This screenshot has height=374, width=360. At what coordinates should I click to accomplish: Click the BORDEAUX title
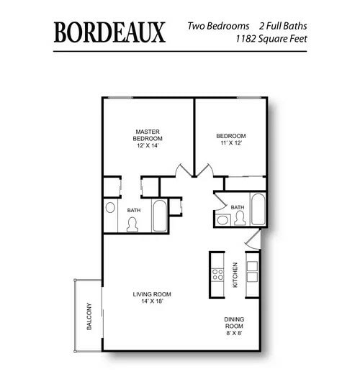109,32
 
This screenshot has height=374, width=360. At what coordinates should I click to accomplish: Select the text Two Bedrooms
217,26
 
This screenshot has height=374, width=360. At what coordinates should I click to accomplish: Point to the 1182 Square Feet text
266,40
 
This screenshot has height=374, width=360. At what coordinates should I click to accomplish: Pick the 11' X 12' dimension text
231,143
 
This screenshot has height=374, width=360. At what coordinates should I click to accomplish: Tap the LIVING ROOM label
151,293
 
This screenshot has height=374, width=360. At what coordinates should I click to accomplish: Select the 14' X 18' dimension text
151,302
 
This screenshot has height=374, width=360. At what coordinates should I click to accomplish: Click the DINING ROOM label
235,322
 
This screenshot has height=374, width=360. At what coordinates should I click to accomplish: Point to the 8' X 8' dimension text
235,333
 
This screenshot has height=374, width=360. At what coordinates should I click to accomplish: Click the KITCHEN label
235,275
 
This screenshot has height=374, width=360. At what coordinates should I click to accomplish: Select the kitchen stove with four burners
217,274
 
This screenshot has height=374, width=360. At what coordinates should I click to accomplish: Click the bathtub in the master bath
160,215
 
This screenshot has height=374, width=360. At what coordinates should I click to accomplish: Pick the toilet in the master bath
132,224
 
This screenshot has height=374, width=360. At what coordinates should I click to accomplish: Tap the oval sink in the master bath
111,208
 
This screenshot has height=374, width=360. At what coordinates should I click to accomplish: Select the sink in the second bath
222,219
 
